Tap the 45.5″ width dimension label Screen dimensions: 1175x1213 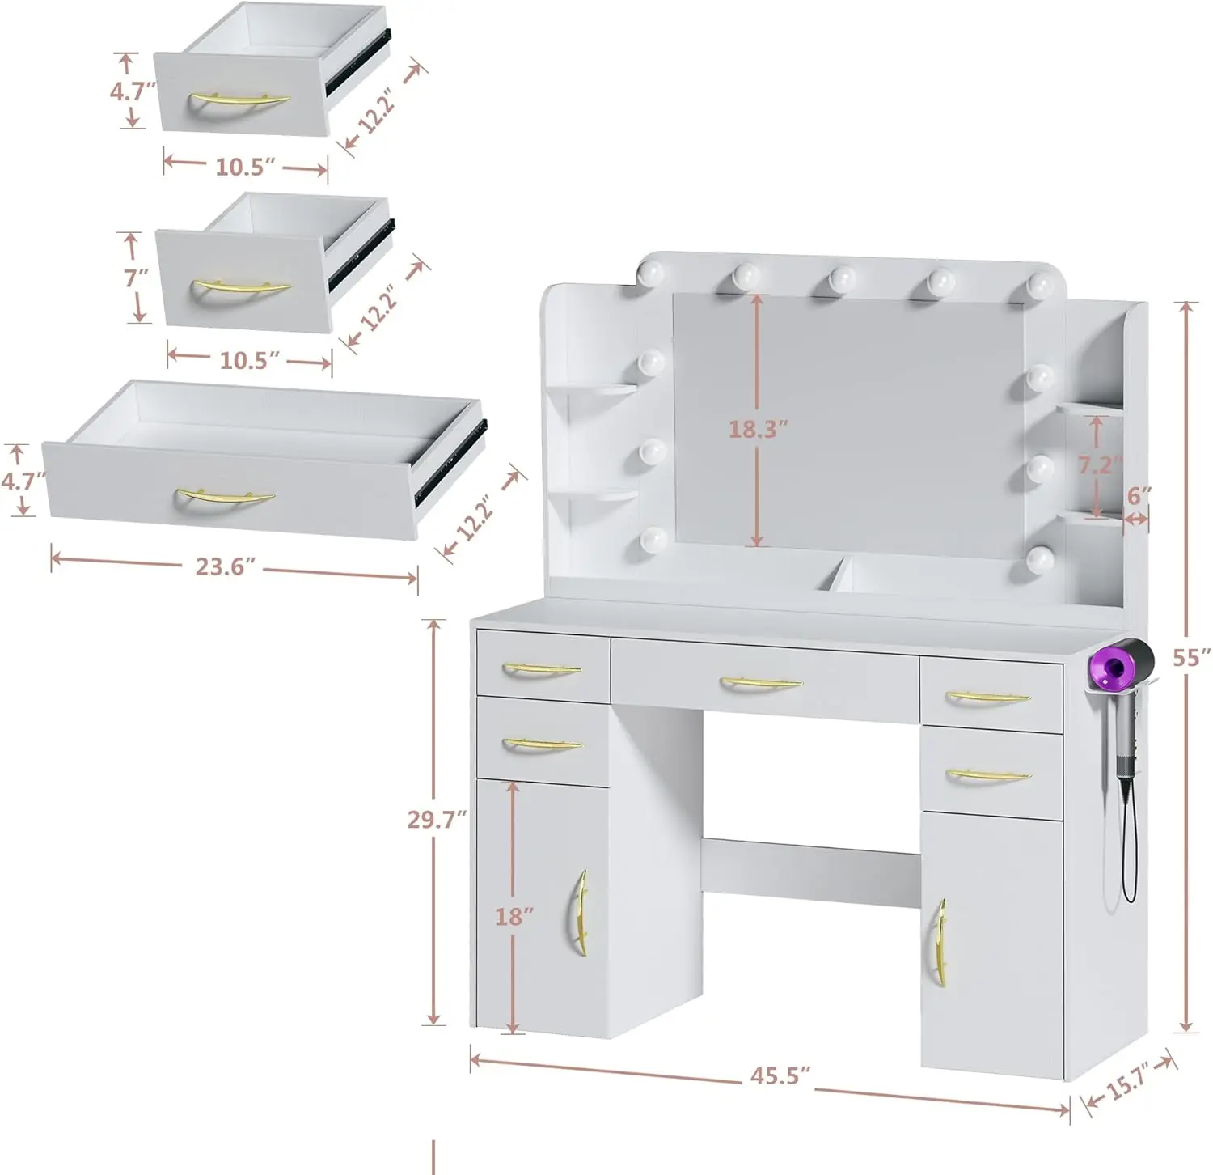point(780,1075)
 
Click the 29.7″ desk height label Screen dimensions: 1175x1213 point(437,820)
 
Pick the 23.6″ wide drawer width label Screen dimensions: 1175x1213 point(226,566)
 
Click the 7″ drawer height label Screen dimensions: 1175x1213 point(137,278)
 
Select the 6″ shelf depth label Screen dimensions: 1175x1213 point(1139,495)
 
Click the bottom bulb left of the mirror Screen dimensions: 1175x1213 point(653,538)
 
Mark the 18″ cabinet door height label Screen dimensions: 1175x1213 point(514,916)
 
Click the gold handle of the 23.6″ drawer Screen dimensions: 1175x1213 point(226,496)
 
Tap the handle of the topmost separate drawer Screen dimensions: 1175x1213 point(239,100)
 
